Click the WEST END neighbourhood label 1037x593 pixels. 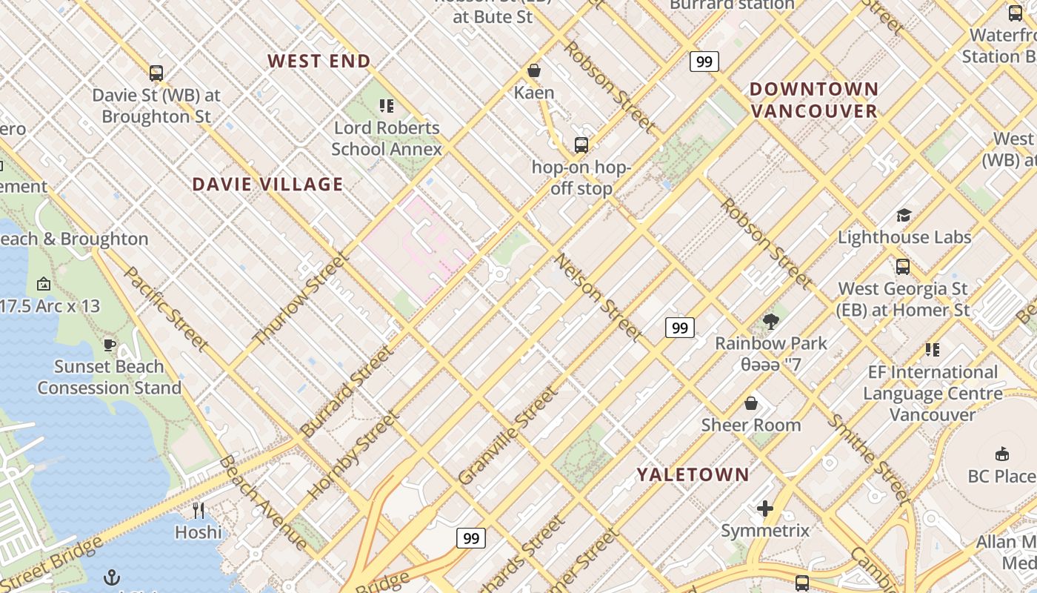click(319, 62)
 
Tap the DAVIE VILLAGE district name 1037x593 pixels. click(267, 185)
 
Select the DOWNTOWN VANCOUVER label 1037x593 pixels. click(813, 100)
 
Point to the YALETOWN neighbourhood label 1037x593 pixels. click(693, 474)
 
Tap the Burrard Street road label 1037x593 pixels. click(346, 391)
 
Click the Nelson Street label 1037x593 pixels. click(598, 298)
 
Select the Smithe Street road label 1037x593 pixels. click(868, 457)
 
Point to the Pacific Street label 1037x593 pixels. click(167, 308)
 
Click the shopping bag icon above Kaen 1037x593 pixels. click(533, 70)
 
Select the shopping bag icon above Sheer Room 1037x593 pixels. click(751, 403)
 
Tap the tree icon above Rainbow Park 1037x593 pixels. click(771, 321)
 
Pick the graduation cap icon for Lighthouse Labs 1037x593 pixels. click(904, 215)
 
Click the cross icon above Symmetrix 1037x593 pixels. click(765, 508)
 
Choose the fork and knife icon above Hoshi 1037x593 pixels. click(198, 510)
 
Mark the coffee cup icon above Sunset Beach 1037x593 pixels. click(109, 345)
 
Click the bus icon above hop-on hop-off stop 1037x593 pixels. click(581, 145)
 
